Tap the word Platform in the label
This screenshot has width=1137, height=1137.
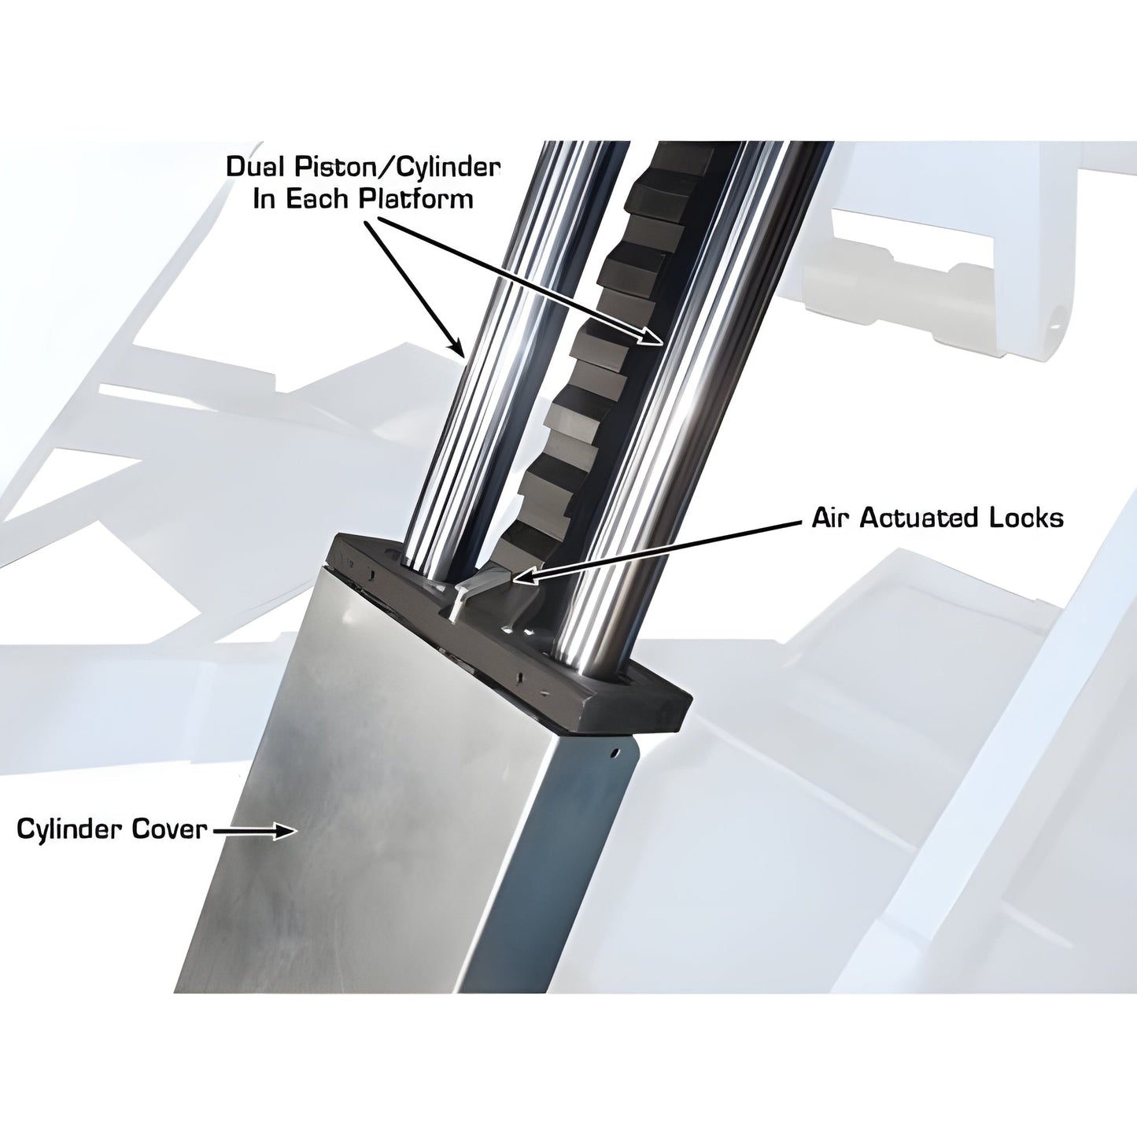coord(416,197)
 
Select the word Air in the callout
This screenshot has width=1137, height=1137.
coord(831,518)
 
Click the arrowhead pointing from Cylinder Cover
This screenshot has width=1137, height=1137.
coord(284,830)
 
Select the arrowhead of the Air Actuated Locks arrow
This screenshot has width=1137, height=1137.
coord(519,578)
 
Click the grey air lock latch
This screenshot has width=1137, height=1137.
coord(482,582)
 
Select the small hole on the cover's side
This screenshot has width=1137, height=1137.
coord(617,751)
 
